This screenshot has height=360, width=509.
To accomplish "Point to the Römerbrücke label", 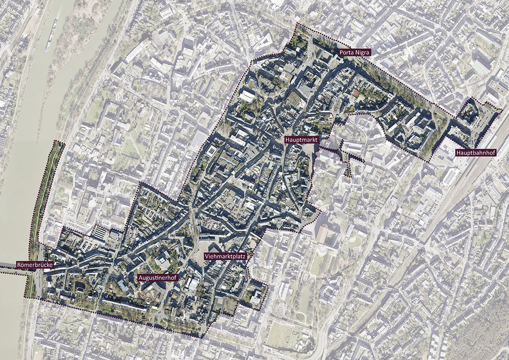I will coord(35,265).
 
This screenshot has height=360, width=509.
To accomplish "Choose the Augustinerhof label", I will coord(157,278).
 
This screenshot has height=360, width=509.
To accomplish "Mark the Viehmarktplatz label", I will coord(225,257).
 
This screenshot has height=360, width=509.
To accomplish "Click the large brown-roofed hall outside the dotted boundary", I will coord(322,233).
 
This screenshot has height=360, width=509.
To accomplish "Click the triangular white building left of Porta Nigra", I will coord(266,40).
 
